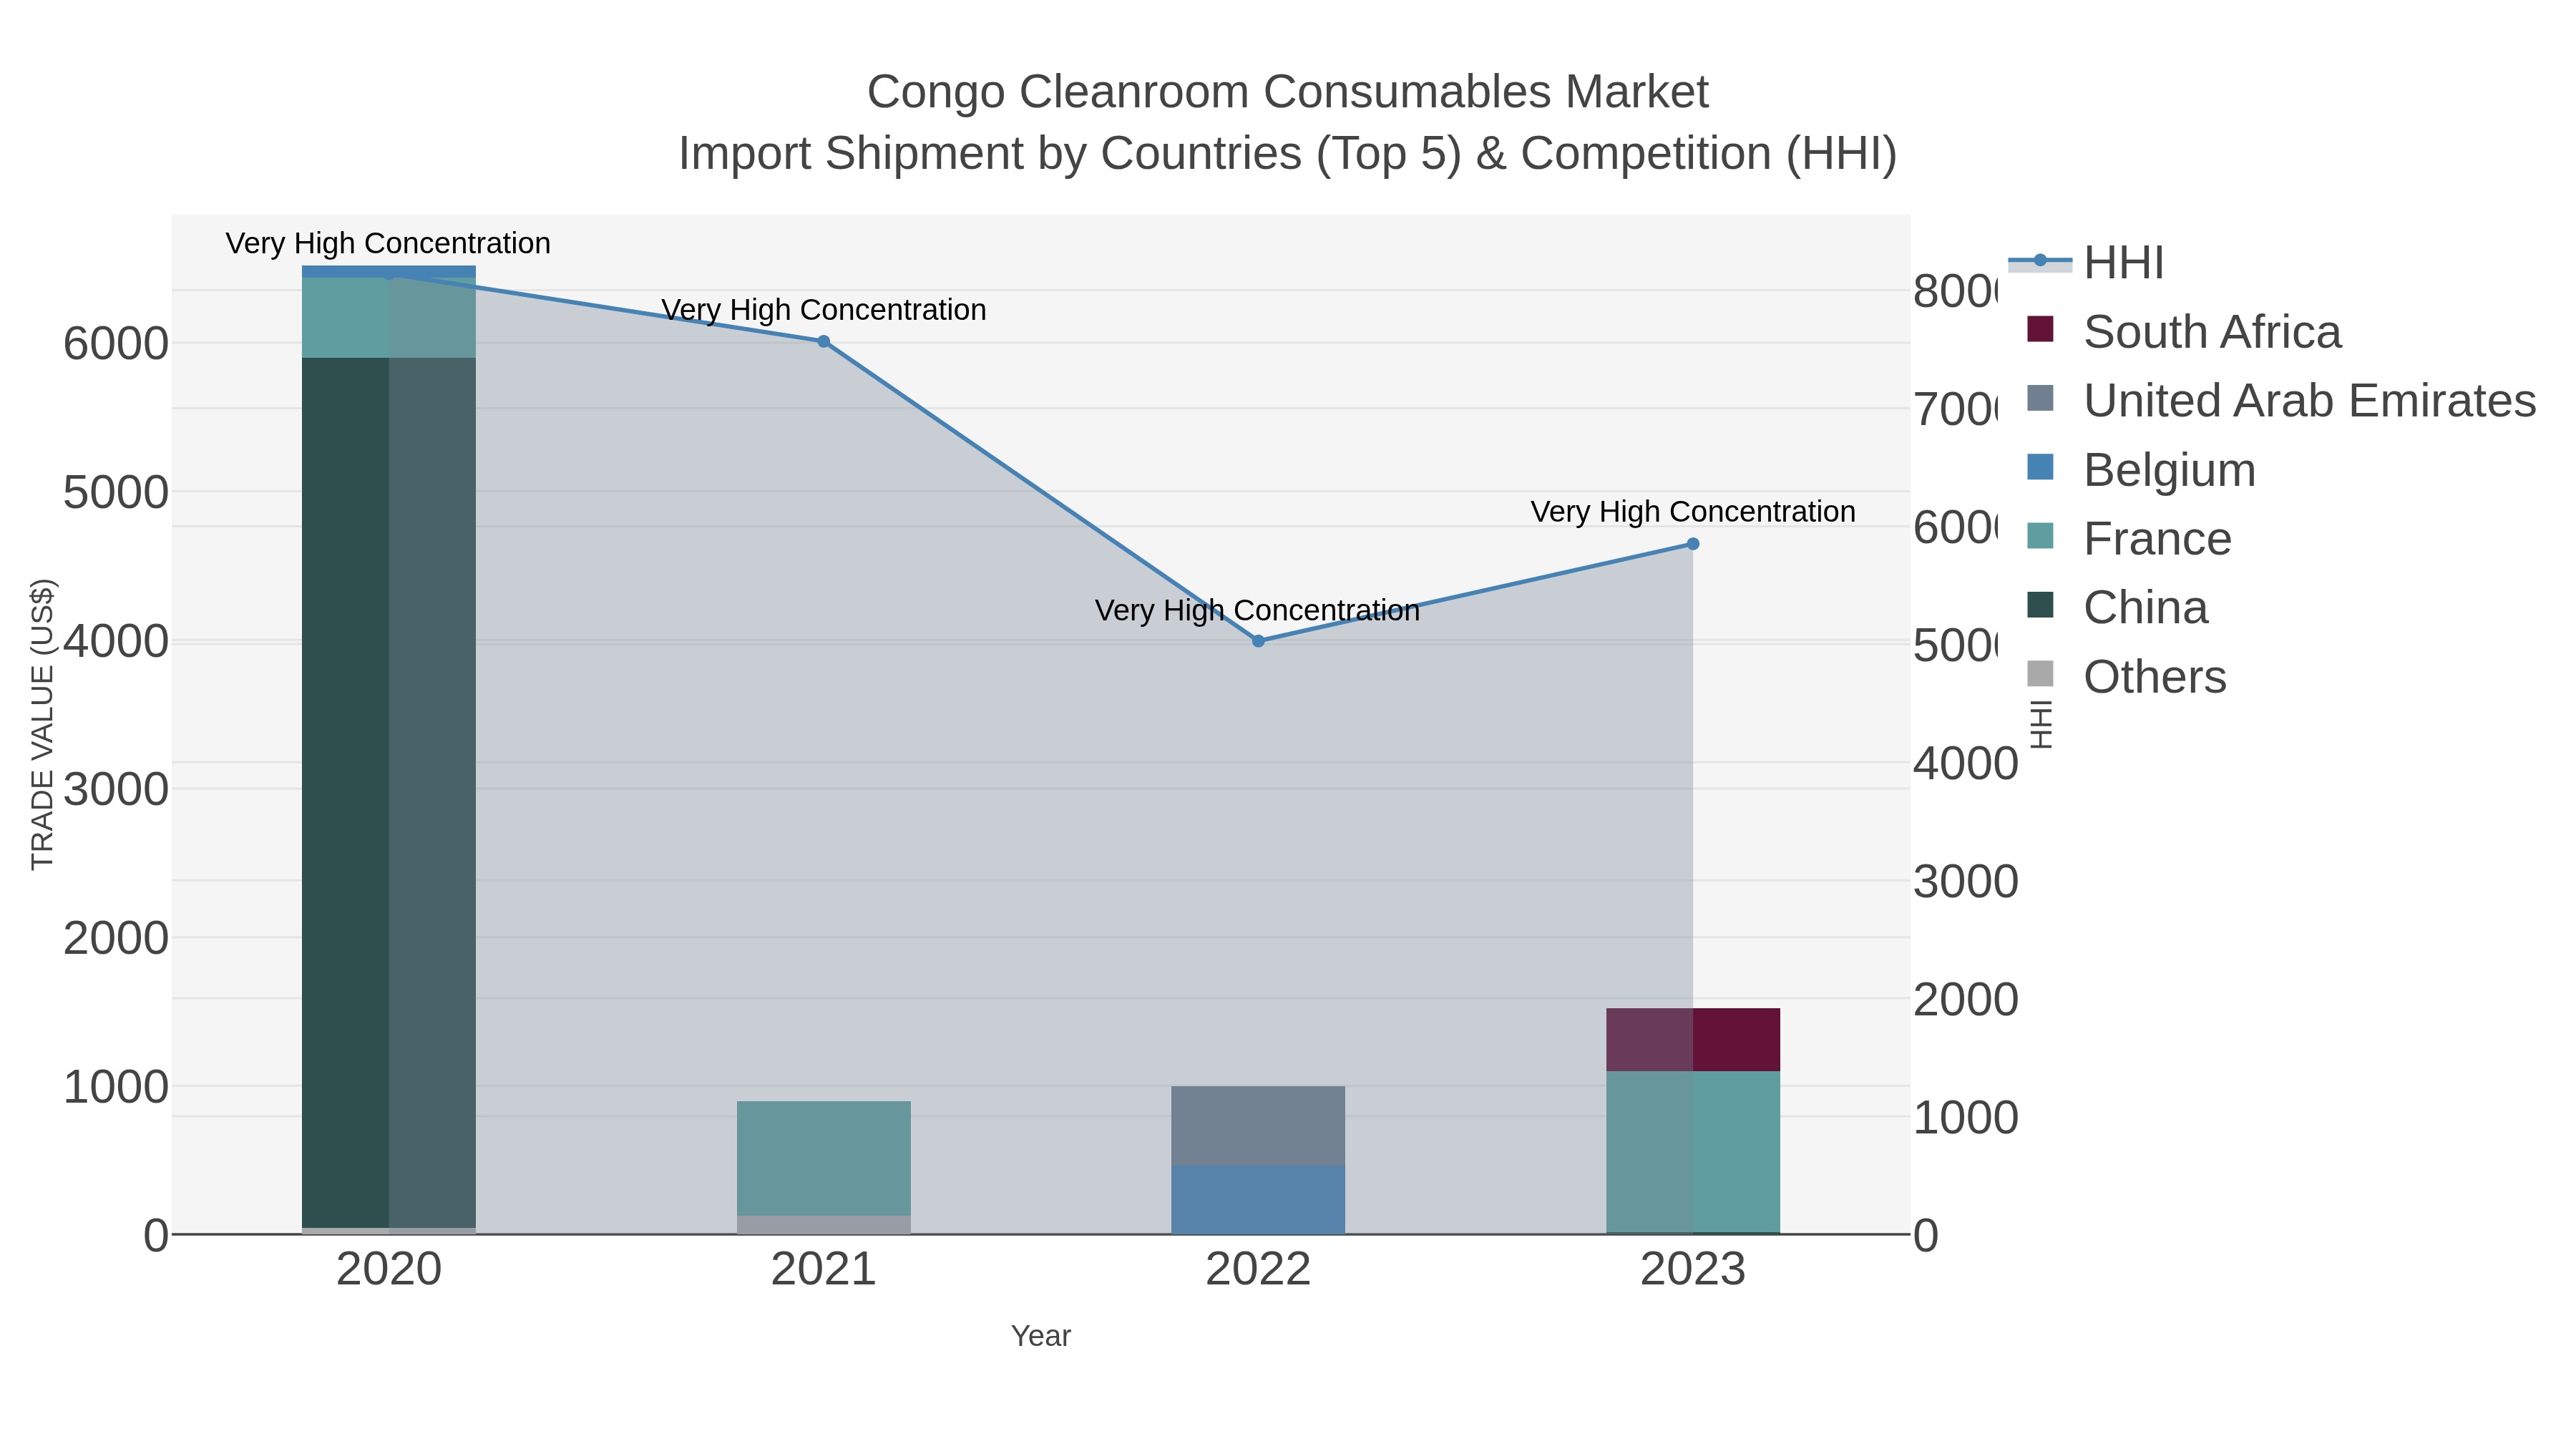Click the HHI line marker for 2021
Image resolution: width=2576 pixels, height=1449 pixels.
pyautogui.click(x=823, y=341)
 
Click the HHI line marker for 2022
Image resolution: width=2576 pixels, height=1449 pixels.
pyautogui.click(x=1258, y=641)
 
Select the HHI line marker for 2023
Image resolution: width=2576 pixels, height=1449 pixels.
pyautogui.click(x=1693, y=544)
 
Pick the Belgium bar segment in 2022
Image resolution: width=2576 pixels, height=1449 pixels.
pyautogui.click(x=1258, y=1199)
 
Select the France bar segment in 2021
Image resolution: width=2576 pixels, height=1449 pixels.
pyautogui.click(x=823, y=1158)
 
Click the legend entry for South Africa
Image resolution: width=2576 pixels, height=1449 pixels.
pyautogui.click(x=2211, y=332)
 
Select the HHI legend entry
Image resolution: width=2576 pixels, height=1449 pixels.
pyautogui.click(x=2123, y=263)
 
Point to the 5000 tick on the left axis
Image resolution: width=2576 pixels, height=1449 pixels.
pyautogui.click(x=116, y=492)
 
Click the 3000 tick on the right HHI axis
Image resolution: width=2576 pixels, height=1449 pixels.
pyautogui.click(x=1965, y=882)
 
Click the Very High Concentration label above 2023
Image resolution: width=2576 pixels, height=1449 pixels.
pyautogui.click(x=1692, y=512)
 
